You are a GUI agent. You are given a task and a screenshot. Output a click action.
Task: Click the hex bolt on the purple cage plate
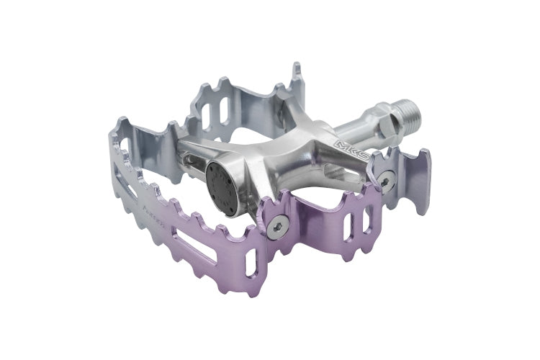[x=277, y=228]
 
